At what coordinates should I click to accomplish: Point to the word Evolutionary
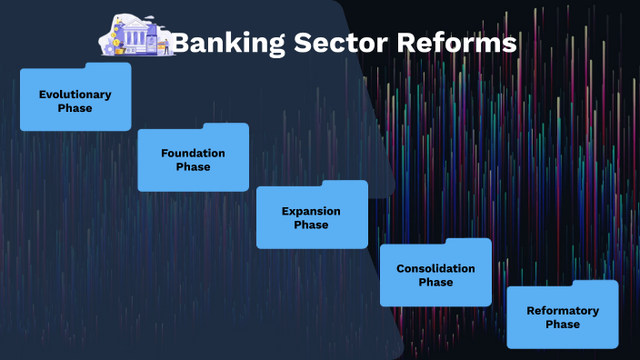click(75, 95)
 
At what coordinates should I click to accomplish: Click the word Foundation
click(193, 153)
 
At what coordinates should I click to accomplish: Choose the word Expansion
click(311, 211)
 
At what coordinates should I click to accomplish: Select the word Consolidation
click(435, 269)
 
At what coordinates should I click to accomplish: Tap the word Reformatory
click(563, 311)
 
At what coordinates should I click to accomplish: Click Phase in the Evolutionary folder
click(75, 108)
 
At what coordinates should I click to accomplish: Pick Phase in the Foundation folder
click(193, 166)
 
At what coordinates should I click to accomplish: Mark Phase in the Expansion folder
click(311, 225)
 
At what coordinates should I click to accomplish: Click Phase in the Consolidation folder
click(435, 283)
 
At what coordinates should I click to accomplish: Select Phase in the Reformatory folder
click(563, 325)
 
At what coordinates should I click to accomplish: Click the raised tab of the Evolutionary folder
click(108, 66)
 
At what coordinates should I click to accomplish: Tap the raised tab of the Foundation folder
click(225, 126)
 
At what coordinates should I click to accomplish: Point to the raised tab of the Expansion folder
click(345, 184)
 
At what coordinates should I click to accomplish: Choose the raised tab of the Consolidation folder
click(468, 242)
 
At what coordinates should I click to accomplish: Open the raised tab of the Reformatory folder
click(595, 284)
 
